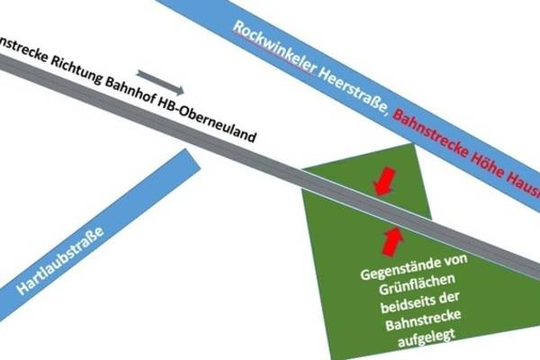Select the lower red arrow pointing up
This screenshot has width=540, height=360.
click(x=392, y=239)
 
